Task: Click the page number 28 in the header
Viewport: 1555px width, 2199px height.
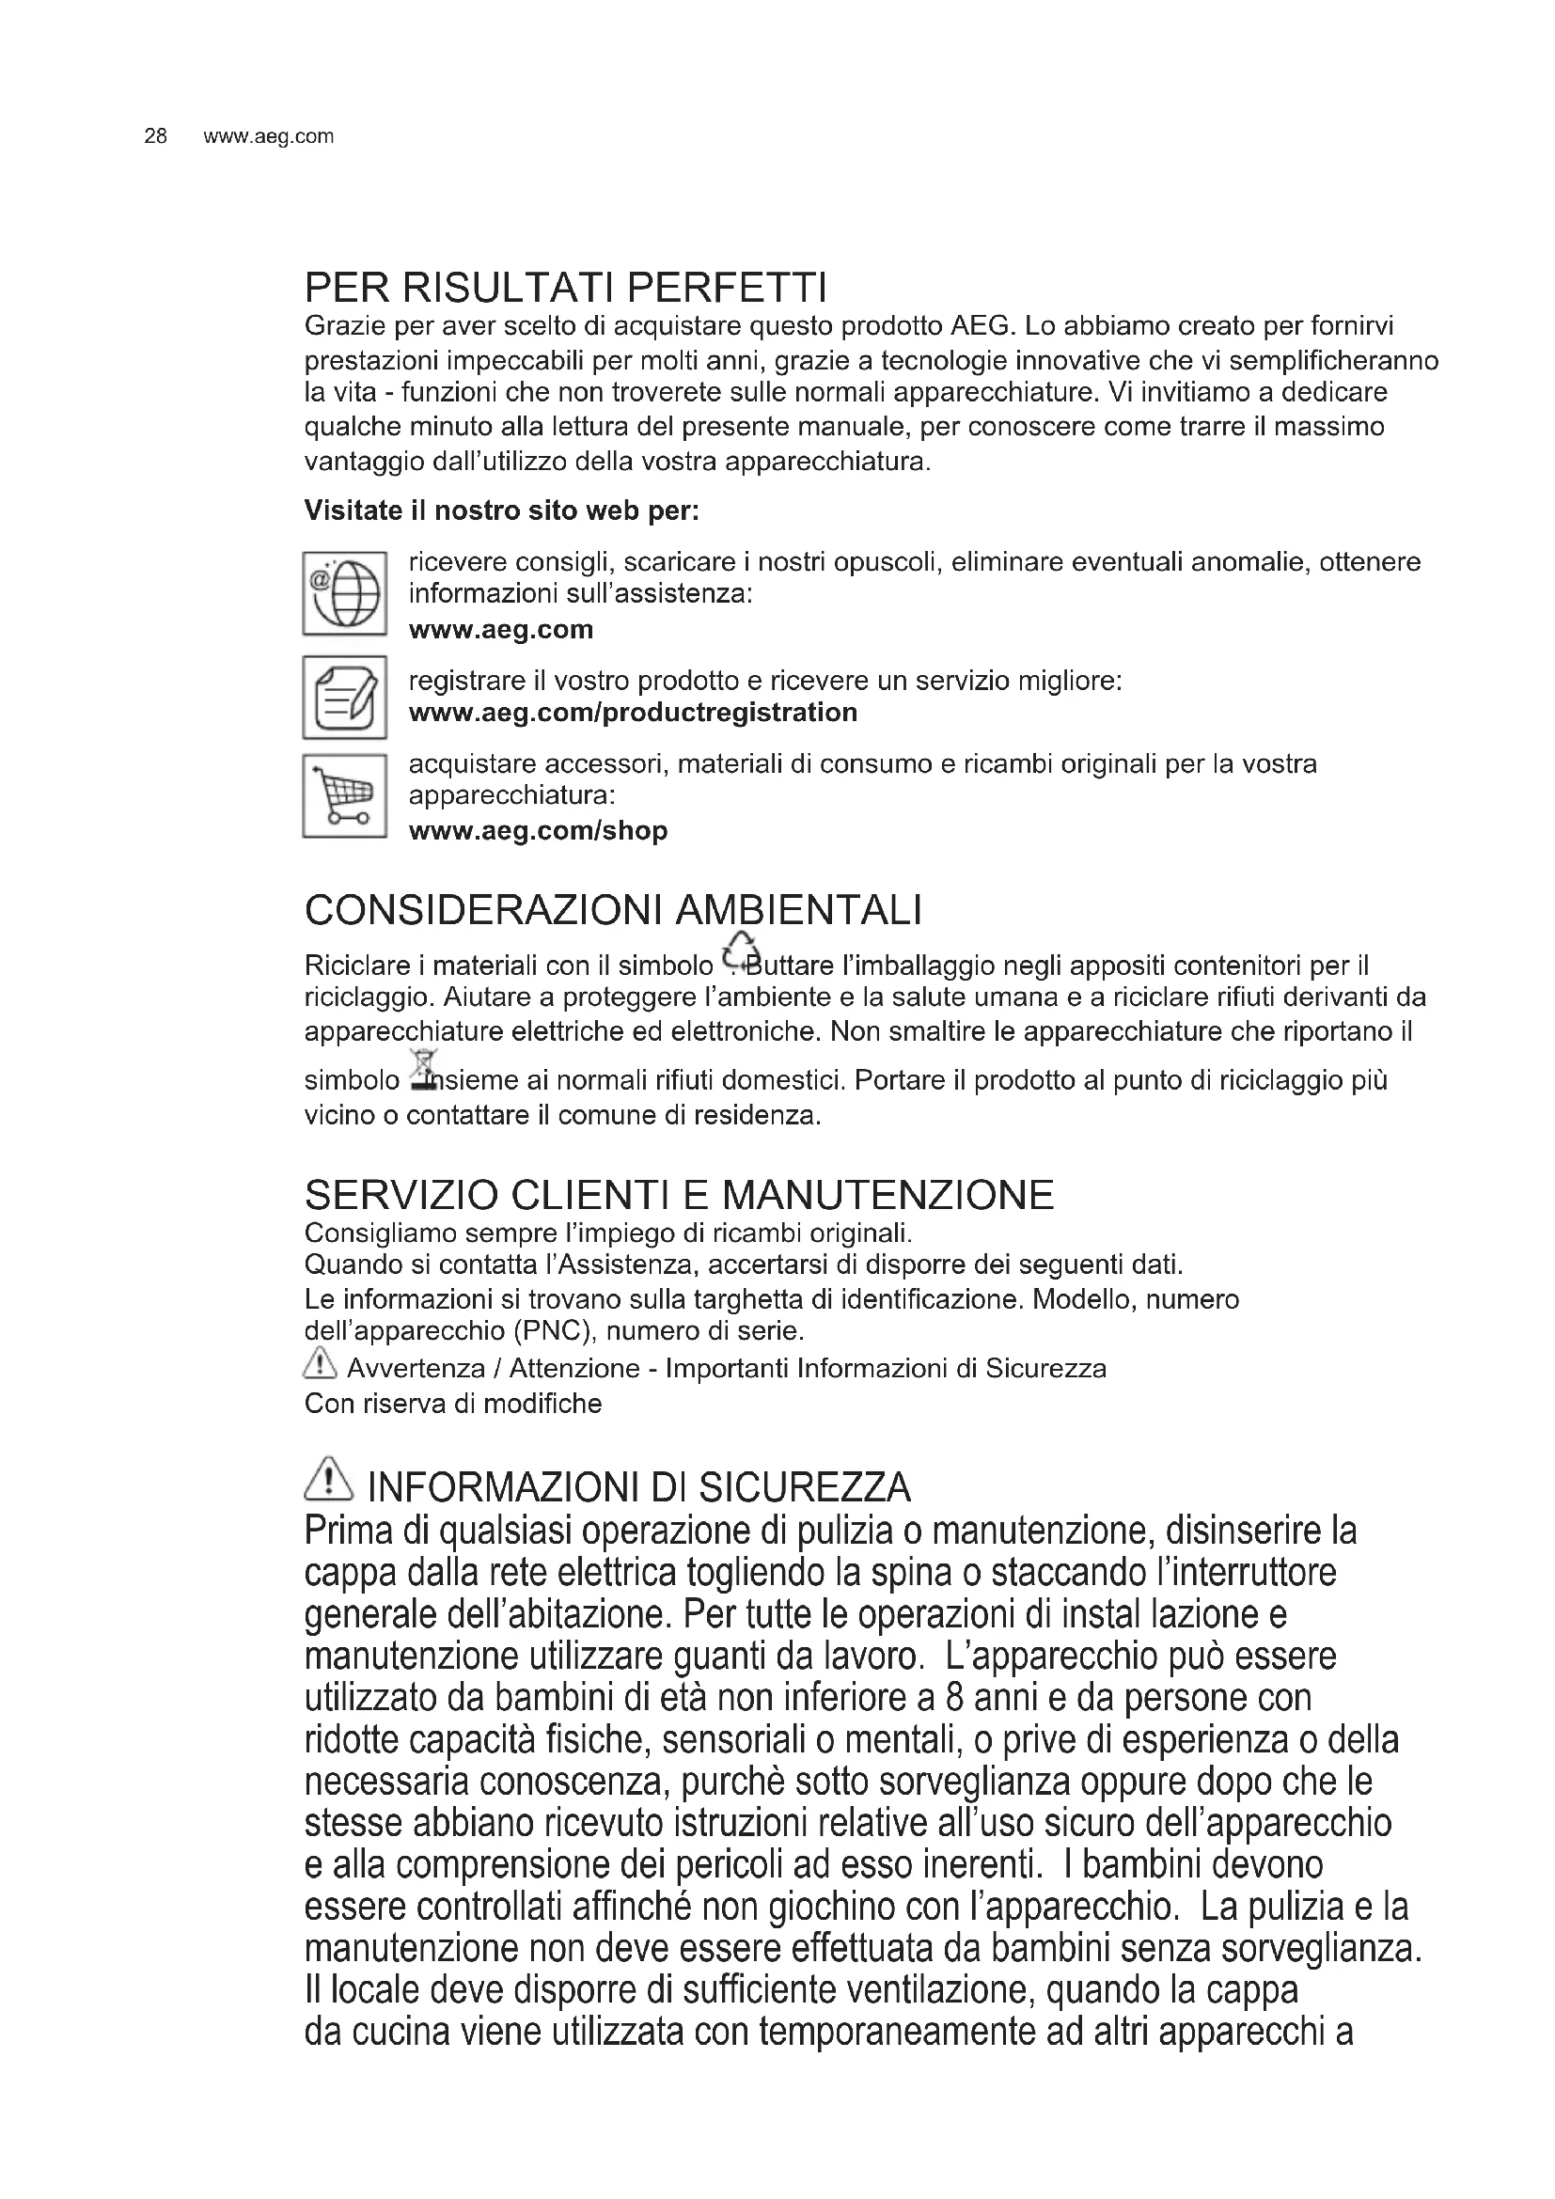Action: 155,136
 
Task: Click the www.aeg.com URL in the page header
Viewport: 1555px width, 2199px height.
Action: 268,136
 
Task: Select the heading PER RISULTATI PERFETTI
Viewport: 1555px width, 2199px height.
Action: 565,287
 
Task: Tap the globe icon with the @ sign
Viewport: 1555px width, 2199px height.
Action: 345,593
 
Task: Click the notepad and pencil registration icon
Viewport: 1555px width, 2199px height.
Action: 345,698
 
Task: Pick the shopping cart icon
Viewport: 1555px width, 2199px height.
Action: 345,796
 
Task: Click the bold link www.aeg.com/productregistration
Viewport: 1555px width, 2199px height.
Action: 632,713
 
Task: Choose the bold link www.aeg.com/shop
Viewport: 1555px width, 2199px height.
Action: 537,830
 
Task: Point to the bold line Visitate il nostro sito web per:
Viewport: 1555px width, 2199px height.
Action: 502,510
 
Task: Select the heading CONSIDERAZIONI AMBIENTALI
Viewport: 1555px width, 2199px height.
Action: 613,910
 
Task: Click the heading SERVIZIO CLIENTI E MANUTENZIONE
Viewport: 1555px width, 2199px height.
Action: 679,1194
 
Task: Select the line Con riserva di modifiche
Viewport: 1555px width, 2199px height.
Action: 453,1404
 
